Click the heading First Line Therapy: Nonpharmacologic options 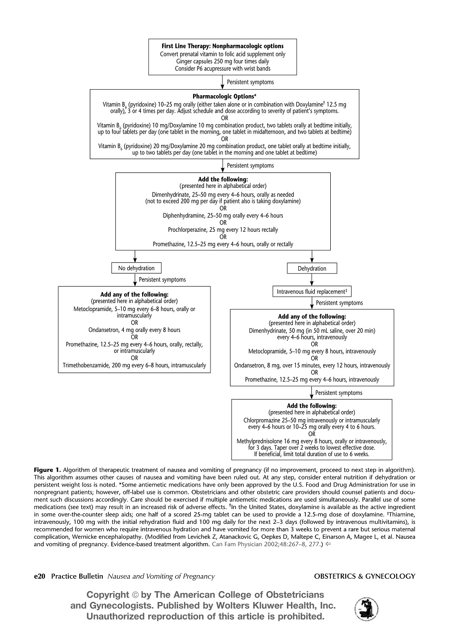(x=223, y=46)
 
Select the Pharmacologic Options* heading (x=224, y=96)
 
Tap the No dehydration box (x=136, y=268)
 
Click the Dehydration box (x=312, y=269)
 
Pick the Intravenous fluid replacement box (x=312, y=292)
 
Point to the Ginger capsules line (x=223, y=61)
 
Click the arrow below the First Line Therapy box (x=223, y=82)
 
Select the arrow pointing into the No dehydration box (x=135, y=256)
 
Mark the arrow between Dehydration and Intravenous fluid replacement (x=312, y=280)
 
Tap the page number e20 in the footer (x=39, y=577)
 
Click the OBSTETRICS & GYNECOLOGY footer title (x=365, y=577)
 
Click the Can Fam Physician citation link (x=266, y=544)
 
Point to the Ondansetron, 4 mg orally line (x=134, y=330)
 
